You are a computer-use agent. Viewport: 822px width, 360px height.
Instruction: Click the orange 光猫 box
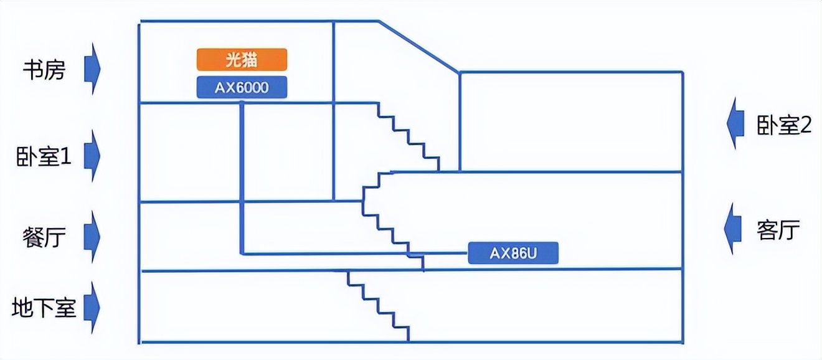242,59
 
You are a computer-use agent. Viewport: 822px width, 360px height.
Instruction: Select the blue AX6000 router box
242,87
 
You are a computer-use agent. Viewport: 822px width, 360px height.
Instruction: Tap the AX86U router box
513,253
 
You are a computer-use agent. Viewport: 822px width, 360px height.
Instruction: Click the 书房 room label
44,70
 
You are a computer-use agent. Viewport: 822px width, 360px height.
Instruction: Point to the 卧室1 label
44,156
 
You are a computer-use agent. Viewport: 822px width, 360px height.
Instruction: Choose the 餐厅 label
44,237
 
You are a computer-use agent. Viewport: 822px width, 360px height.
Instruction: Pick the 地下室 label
44,308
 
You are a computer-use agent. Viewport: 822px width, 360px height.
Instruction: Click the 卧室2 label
784,125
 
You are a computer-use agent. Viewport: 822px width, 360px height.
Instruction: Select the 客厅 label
778,230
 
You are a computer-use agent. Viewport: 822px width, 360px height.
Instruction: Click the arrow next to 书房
92,69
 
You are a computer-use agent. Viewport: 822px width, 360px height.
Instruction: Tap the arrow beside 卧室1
92,156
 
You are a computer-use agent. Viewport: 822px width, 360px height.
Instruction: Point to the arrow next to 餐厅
92,237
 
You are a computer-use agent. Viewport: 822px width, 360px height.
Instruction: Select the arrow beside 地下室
92,308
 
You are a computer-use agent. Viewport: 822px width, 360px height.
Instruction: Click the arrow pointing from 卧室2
735,124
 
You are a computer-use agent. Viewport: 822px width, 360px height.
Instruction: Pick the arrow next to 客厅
732,228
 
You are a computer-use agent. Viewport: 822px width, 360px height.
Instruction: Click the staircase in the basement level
379,306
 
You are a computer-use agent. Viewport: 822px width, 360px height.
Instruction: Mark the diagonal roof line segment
418,46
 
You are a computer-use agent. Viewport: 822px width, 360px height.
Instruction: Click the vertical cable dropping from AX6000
242,178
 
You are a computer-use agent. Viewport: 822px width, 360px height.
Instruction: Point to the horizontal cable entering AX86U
354,253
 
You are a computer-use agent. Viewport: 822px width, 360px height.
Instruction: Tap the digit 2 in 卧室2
806,126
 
